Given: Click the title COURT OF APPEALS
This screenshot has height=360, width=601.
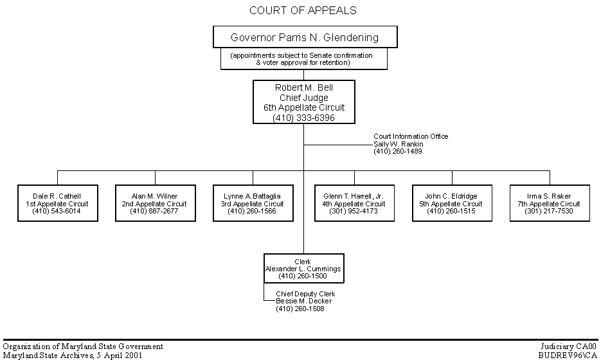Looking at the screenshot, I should tap(303, 10).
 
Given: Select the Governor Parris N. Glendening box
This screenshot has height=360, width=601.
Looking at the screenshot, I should tap(305, 37).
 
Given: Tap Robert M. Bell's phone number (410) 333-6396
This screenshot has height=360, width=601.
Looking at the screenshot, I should tap(303, 118).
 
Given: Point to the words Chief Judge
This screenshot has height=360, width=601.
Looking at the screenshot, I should tap(303, 98).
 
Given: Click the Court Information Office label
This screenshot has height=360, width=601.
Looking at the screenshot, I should tap(411, 136).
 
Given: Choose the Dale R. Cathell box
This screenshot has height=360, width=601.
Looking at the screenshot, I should tap(57, 203).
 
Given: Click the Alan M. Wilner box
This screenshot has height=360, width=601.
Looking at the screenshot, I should tap(155, 203).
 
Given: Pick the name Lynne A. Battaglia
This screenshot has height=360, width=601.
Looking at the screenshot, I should tap(252, 196).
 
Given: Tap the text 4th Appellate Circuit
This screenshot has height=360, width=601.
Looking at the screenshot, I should tap(354, 204).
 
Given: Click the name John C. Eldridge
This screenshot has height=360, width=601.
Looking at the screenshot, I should tap(451, 196).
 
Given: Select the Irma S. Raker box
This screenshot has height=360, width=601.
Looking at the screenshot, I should tap(550, 203).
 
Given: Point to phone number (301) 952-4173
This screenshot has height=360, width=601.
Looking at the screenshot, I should tap(354, 211).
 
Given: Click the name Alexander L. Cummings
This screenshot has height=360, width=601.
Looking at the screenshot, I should tap(303, 269).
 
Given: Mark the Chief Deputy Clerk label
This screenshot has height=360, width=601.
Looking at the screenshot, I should tap(305, 294).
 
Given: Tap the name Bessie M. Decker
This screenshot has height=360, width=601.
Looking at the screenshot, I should tap(304, 301).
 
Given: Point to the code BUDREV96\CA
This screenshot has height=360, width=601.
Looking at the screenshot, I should tap(568, 355).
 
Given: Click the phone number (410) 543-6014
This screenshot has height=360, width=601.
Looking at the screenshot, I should tap(57, 211).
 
